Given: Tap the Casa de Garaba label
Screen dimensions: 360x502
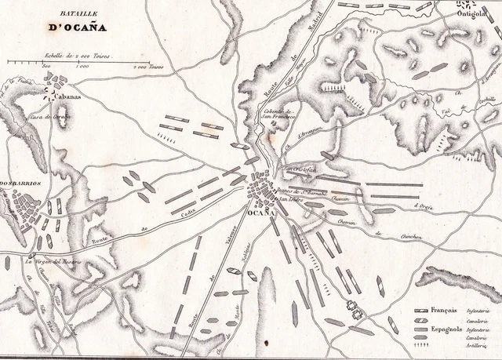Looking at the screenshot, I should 52,116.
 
